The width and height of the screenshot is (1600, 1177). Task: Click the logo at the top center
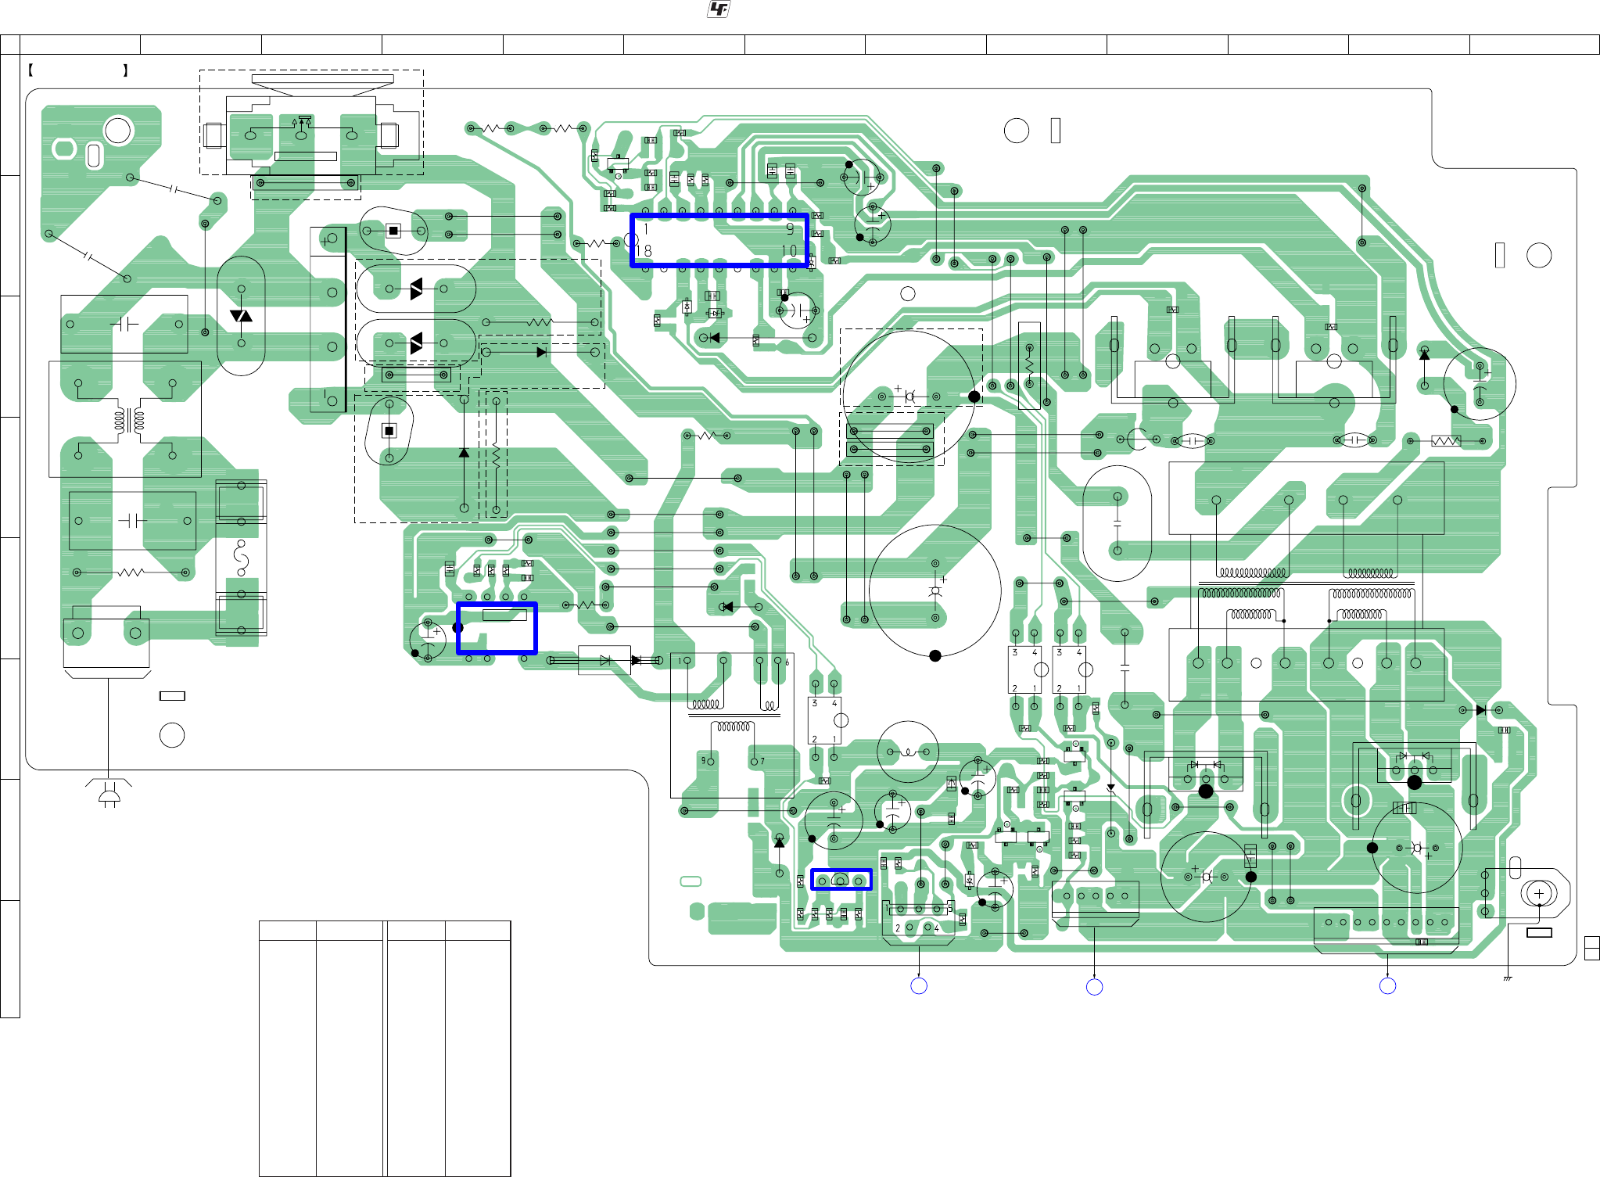point(719,9)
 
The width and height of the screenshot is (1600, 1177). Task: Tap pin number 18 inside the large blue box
point(644,251)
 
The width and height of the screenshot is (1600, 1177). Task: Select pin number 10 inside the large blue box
point(789,251)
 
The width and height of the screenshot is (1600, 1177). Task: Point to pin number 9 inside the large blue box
point(790,229)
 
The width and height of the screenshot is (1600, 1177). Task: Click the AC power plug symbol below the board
point(109,794)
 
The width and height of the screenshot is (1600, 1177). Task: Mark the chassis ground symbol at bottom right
point(1507,978)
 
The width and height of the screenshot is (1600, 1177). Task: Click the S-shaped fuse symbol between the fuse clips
point(241,558)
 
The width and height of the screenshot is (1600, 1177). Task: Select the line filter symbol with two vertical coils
point(129,420)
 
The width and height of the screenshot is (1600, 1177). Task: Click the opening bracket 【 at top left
point(30,70)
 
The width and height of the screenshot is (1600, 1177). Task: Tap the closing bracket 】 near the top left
point(125,70)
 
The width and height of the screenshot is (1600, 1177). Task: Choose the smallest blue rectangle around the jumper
point(841,880)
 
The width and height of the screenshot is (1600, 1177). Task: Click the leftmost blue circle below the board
point(919,986)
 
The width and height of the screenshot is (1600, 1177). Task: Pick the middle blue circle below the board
point(1094,987)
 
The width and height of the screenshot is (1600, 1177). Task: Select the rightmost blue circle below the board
point(1387,986)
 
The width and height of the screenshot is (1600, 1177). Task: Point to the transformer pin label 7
point(762,761)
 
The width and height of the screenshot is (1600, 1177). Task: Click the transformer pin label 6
point(787,662)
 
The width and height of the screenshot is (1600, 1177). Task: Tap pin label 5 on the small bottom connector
point(950,909)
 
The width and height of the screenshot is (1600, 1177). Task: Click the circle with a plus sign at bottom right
point(1539,893)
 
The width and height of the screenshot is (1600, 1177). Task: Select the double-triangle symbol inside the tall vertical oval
point(241,316)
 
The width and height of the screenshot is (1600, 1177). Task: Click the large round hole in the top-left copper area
point(119,130)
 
